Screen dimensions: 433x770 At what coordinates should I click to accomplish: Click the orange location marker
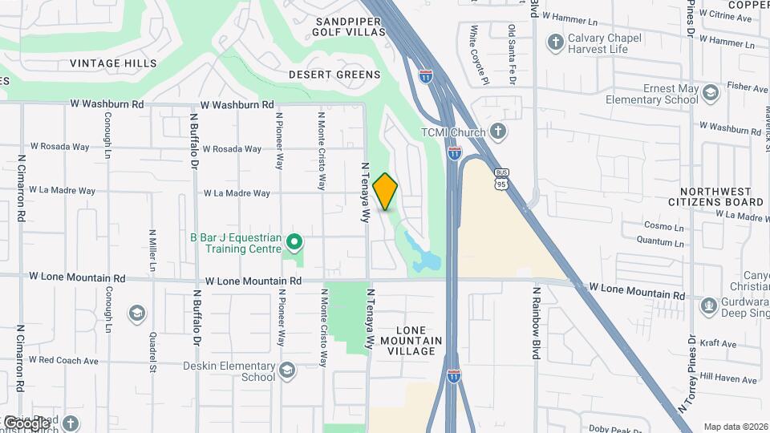pyautogui.click(x=385, y=191)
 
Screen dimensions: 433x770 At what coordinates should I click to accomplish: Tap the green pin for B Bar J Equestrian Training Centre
pyautogui.click(x=294, y=241)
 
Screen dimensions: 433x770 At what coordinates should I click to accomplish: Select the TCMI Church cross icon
pyautogui.click(x=497, y=131)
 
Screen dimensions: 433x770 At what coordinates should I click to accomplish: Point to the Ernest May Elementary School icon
pyautogui.click(x=710, y=94)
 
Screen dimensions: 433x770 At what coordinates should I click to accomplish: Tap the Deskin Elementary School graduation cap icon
pyautogui.click(x=287, y=370)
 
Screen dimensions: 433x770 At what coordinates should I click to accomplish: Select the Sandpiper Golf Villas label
pyautogui.click(x=350, y=26)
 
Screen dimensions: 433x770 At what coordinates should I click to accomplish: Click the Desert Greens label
pyautogui.click(x=334, y=75)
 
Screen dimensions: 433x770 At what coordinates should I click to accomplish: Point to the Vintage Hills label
pyautogui.click(x=113, y=63)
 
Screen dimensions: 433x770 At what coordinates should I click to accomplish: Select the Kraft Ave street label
pyautogui.click(x=717, y=344)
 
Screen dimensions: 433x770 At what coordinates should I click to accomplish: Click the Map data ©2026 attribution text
pyautogui.click(x=735, y=427)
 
